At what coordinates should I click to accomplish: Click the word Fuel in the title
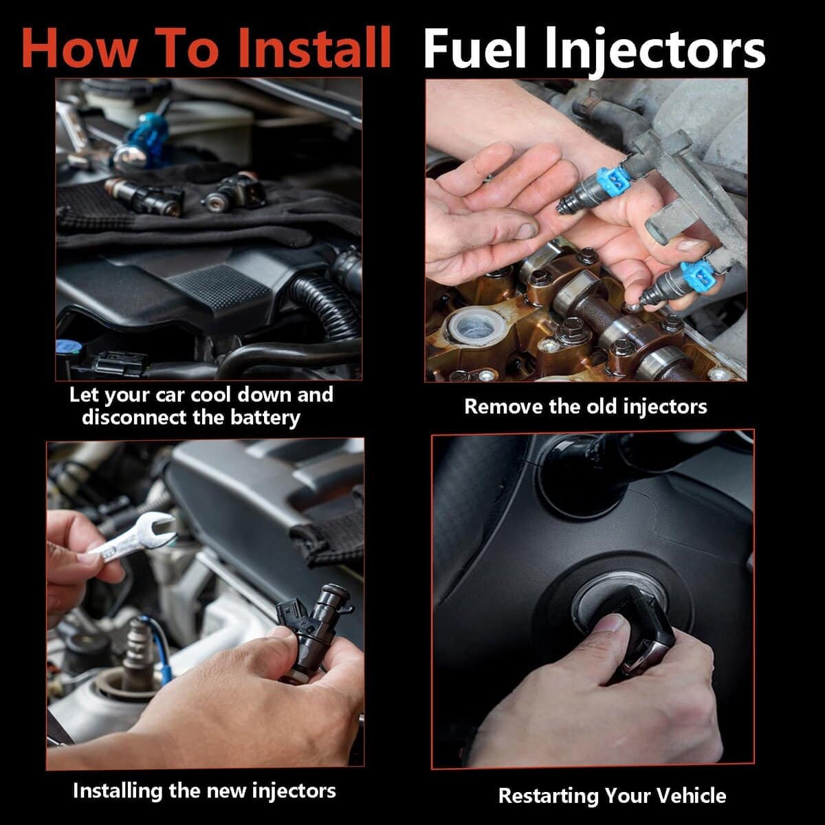point(475,47)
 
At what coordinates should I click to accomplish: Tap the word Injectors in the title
point(655,52)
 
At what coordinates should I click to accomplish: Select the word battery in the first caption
point(265,417)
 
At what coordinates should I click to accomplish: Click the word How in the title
point(79,47)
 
